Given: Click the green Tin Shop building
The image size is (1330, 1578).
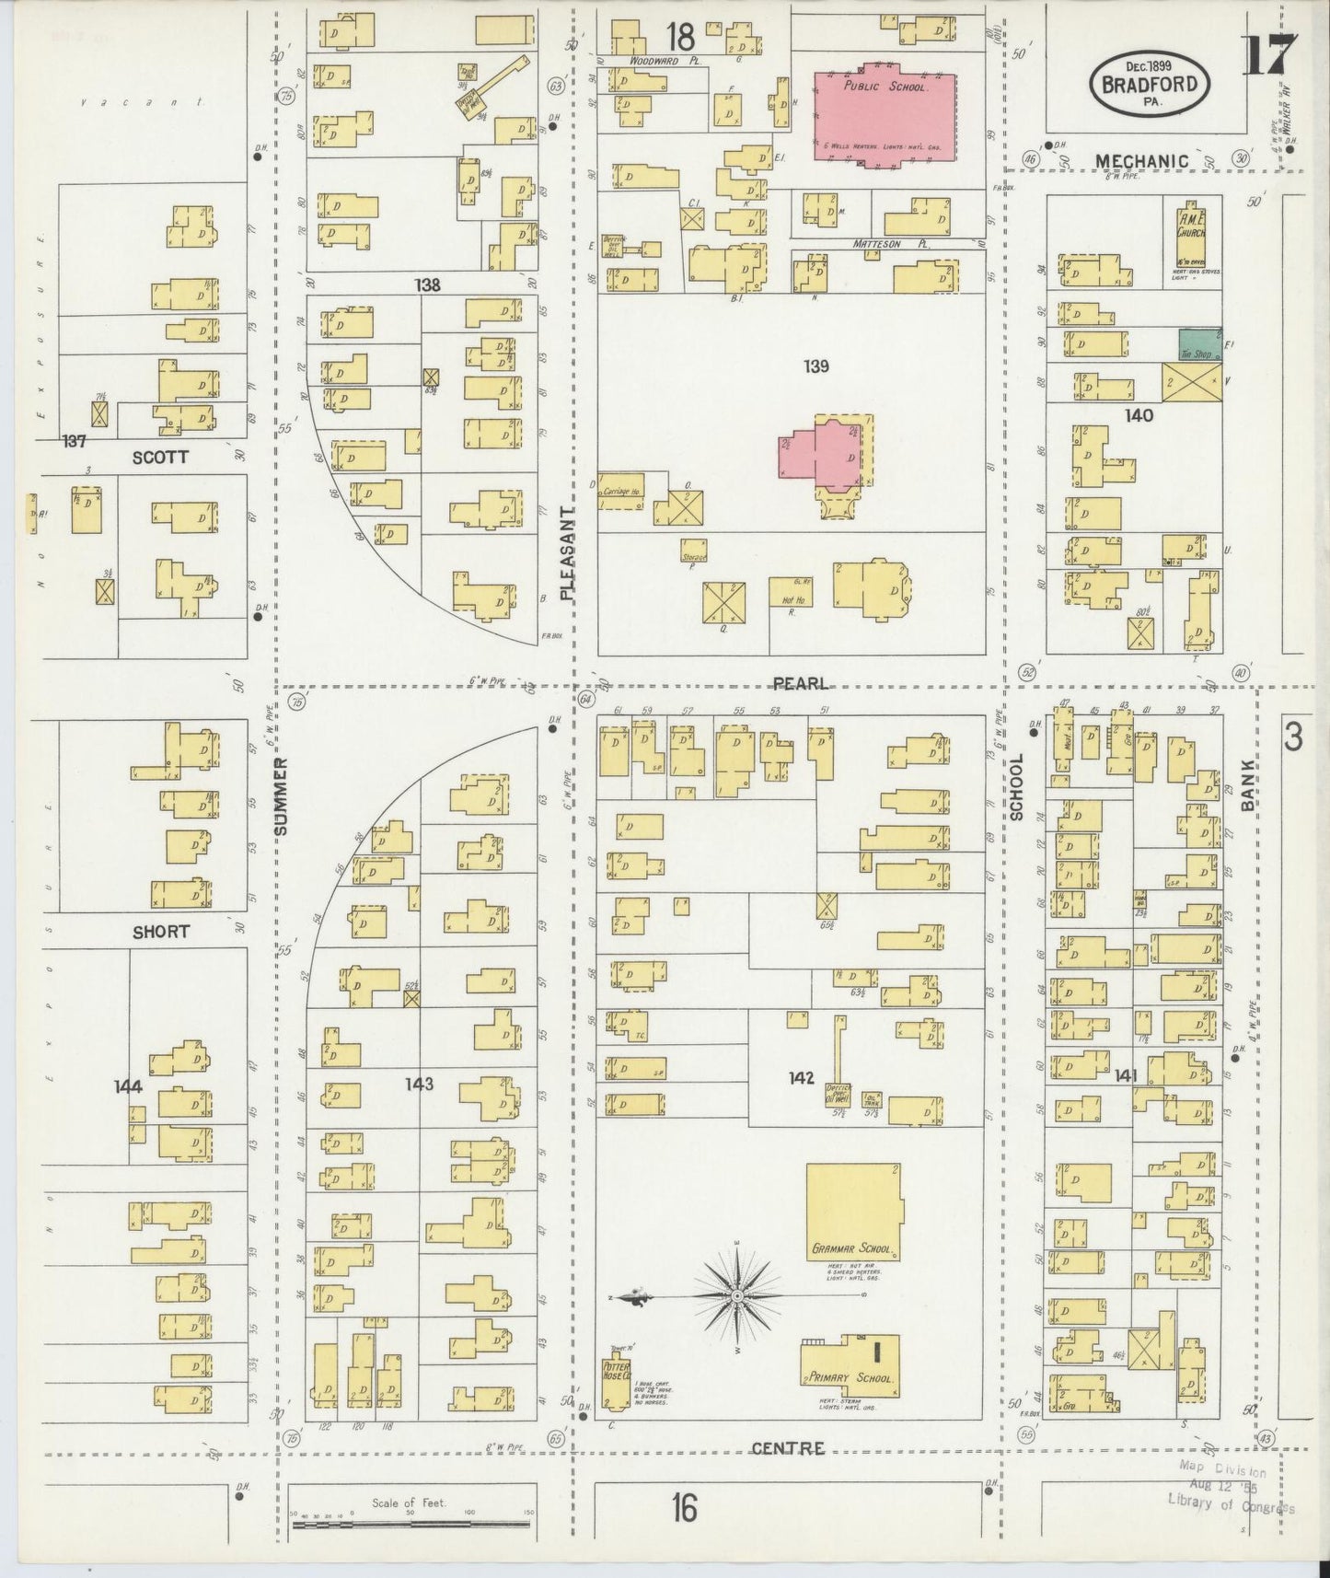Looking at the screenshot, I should click(1199, 345).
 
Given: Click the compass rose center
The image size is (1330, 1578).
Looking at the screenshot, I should click(736, 1295).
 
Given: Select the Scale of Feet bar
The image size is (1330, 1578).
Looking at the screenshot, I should click(411, 1524).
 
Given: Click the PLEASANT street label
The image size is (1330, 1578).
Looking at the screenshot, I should click(567, 552).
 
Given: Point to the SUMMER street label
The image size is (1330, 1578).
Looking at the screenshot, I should click(282, 795).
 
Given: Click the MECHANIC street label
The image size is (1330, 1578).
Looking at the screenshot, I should click(1140, 161).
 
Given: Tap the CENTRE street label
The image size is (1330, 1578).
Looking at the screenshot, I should click(787, 1448).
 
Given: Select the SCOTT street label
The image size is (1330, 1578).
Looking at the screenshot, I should click(159, 457).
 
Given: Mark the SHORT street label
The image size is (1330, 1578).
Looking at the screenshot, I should click(160, 932).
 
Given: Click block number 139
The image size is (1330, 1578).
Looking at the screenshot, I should click(815, 366).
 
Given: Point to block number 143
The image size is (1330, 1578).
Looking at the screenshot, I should click(419, 1084).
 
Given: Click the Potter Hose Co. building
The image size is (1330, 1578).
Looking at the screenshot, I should click(616, 1381).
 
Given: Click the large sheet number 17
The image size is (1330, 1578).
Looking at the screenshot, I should click(1269, 55).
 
